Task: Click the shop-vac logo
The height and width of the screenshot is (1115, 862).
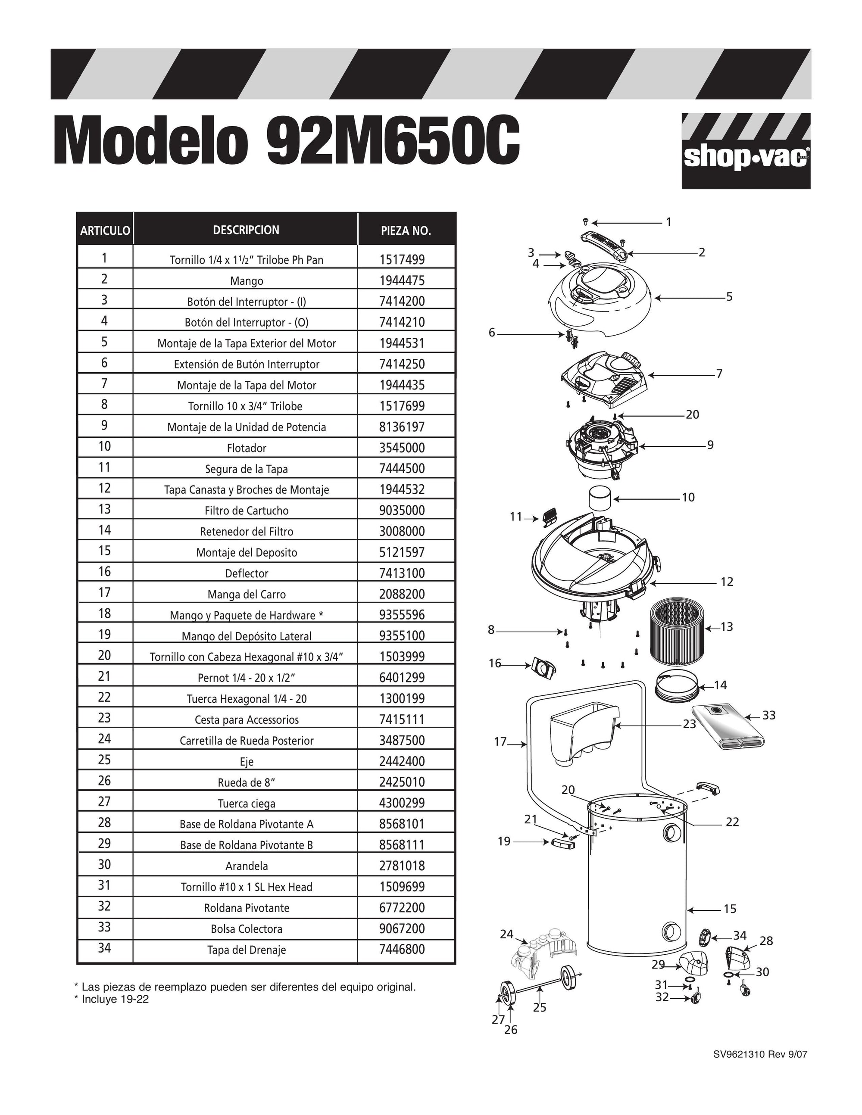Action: point(746,151)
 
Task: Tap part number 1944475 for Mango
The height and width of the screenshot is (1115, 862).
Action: point(402,280)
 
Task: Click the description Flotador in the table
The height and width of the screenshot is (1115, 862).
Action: point(247,448)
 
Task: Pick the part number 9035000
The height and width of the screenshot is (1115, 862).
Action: point(402,510)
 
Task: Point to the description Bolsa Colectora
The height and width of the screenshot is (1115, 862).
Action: point(247,928)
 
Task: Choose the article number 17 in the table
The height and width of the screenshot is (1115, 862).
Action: point(105,593)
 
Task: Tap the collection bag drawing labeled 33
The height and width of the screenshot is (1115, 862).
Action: point(728,727)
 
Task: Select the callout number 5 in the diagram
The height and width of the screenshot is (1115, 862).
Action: point(729,296)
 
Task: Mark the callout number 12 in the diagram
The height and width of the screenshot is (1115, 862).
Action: point(727,582)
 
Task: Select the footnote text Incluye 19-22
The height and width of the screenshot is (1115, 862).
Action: point(115,999)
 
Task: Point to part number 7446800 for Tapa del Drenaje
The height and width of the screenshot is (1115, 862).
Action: point(402,950)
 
